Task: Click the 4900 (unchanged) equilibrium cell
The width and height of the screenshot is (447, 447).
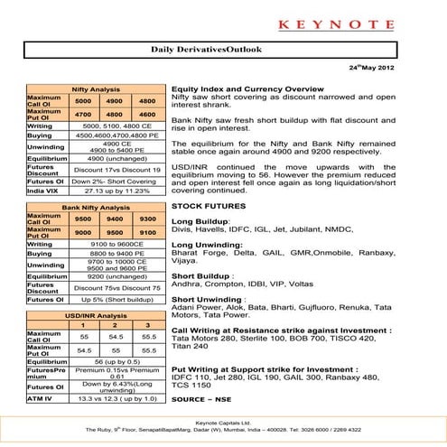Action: pyautogui.click(x=117, y=157)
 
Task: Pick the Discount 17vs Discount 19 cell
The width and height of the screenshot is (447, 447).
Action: pyautogui.click(x=117, y=170)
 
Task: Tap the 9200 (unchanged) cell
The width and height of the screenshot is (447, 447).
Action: pyautogui.click(x=117, y=277)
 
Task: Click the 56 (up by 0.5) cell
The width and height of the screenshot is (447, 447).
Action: pyautogui.click(x=117, y=360)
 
